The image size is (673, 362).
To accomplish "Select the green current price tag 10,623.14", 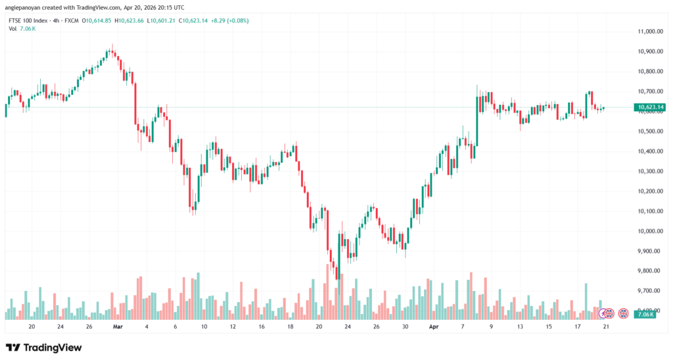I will [648, 107].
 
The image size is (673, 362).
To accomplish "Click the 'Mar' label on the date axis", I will [118, 326].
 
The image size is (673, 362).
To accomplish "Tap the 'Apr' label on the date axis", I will [434, 326].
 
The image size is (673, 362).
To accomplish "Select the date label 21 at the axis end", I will [605, 326].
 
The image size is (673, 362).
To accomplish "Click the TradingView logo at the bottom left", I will [44, 348].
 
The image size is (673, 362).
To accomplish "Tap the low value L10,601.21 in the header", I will [172, 20].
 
